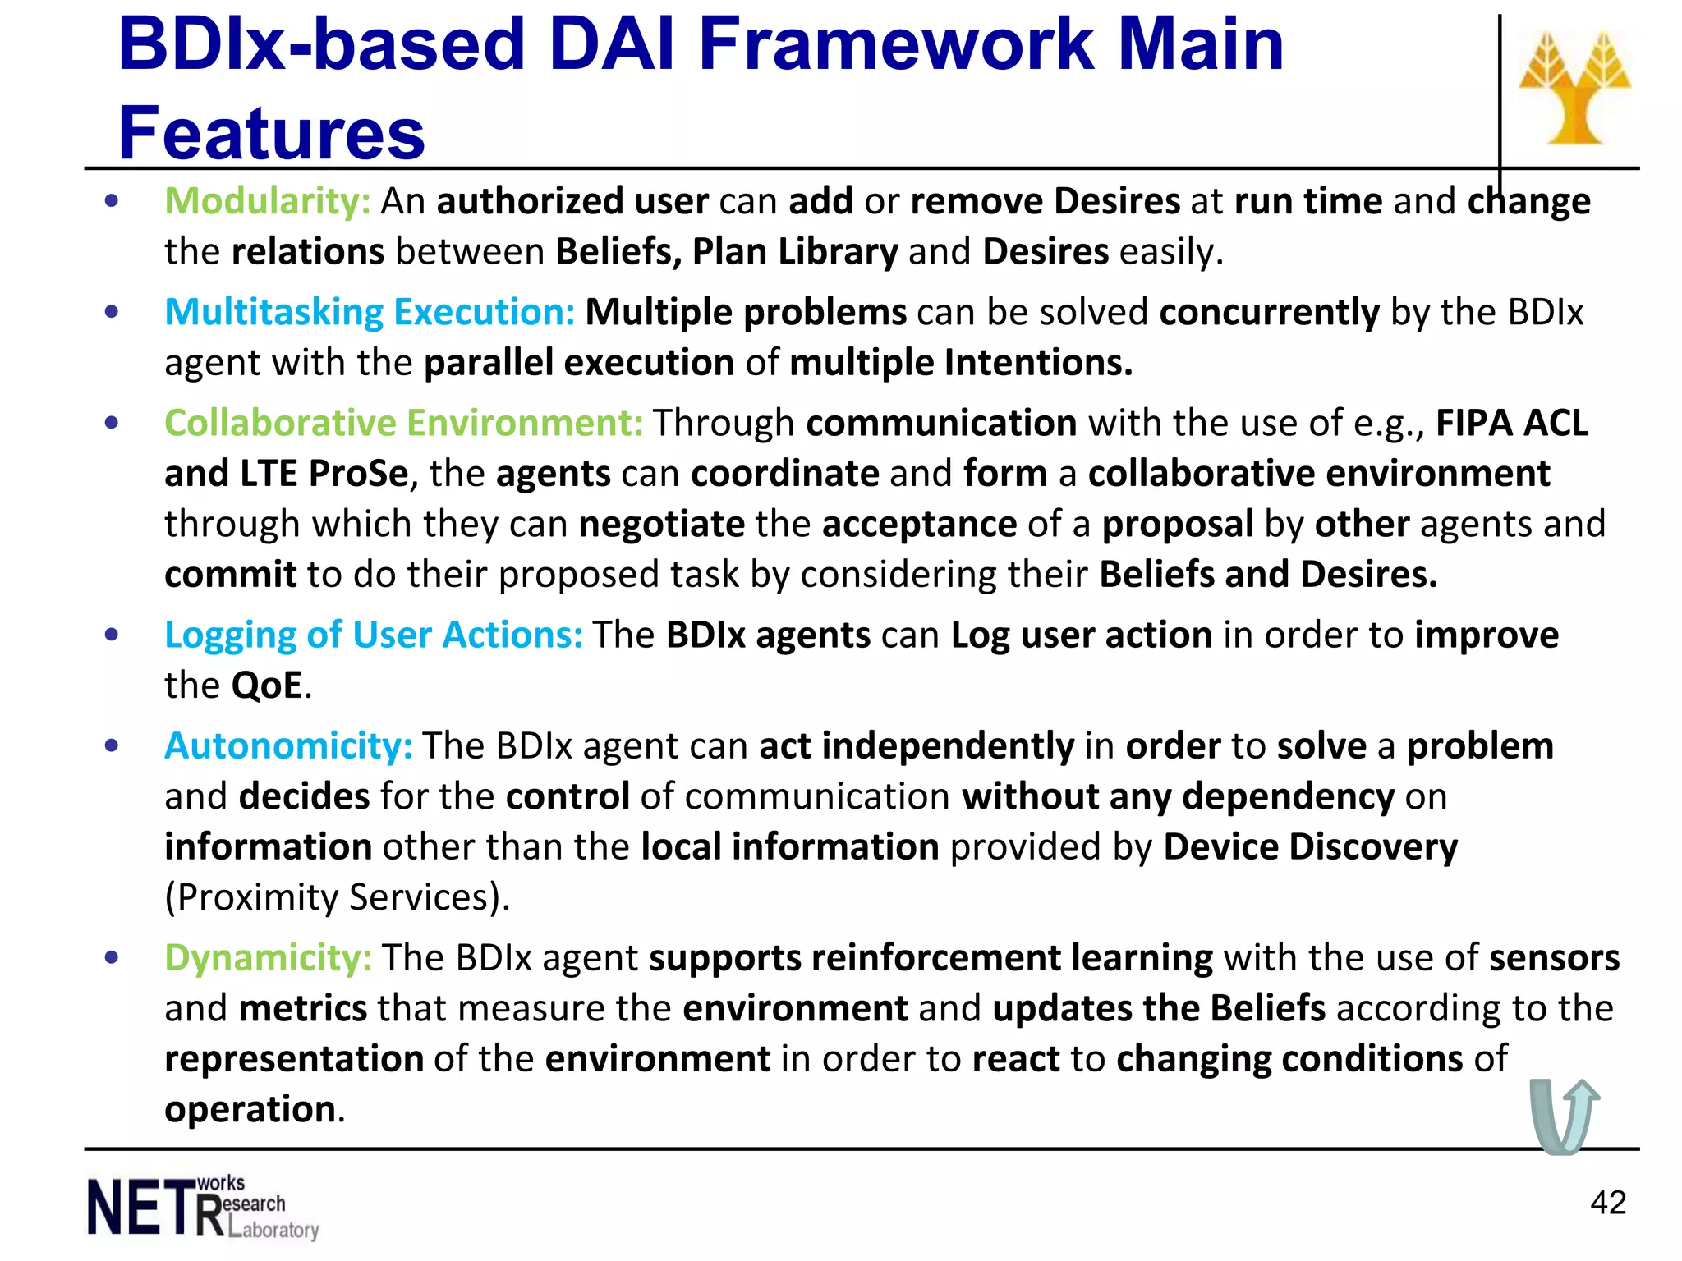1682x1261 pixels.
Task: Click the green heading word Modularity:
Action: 268,201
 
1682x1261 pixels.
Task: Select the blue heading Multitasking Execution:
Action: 370,312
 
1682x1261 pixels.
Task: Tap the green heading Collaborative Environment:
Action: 403,423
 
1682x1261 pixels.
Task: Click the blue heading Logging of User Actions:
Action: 374,635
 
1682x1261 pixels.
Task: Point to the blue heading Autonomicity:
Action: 288,745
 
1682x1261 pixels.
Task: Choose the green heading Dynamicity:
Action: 269,957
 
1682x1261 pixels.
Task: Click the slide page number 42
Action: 1607,1203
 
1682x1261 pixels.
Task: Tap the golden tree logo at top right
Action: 1574,89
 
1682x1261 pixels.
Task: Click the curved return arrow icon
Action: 1564,1117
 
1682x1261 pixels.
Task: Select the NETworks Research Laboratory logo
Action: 202,1207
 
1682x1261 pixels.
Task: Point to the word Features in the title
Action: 272,133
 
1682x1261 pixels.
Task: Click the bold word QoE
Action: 268,686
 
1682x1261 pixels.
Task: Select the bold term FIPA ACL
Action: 1511,423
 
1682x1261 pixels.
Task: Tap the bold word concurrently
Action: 1269,312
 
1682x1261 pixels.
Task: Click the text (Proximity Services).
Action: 338,897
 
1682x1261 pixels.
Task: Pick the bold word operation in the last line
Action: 250,1109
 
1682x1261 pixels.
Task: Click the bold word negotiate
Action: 662,524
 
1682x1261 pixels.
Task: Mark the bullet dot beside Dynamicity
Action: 113,957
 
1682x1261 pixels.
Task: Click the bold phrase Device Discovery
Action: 1310,846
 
